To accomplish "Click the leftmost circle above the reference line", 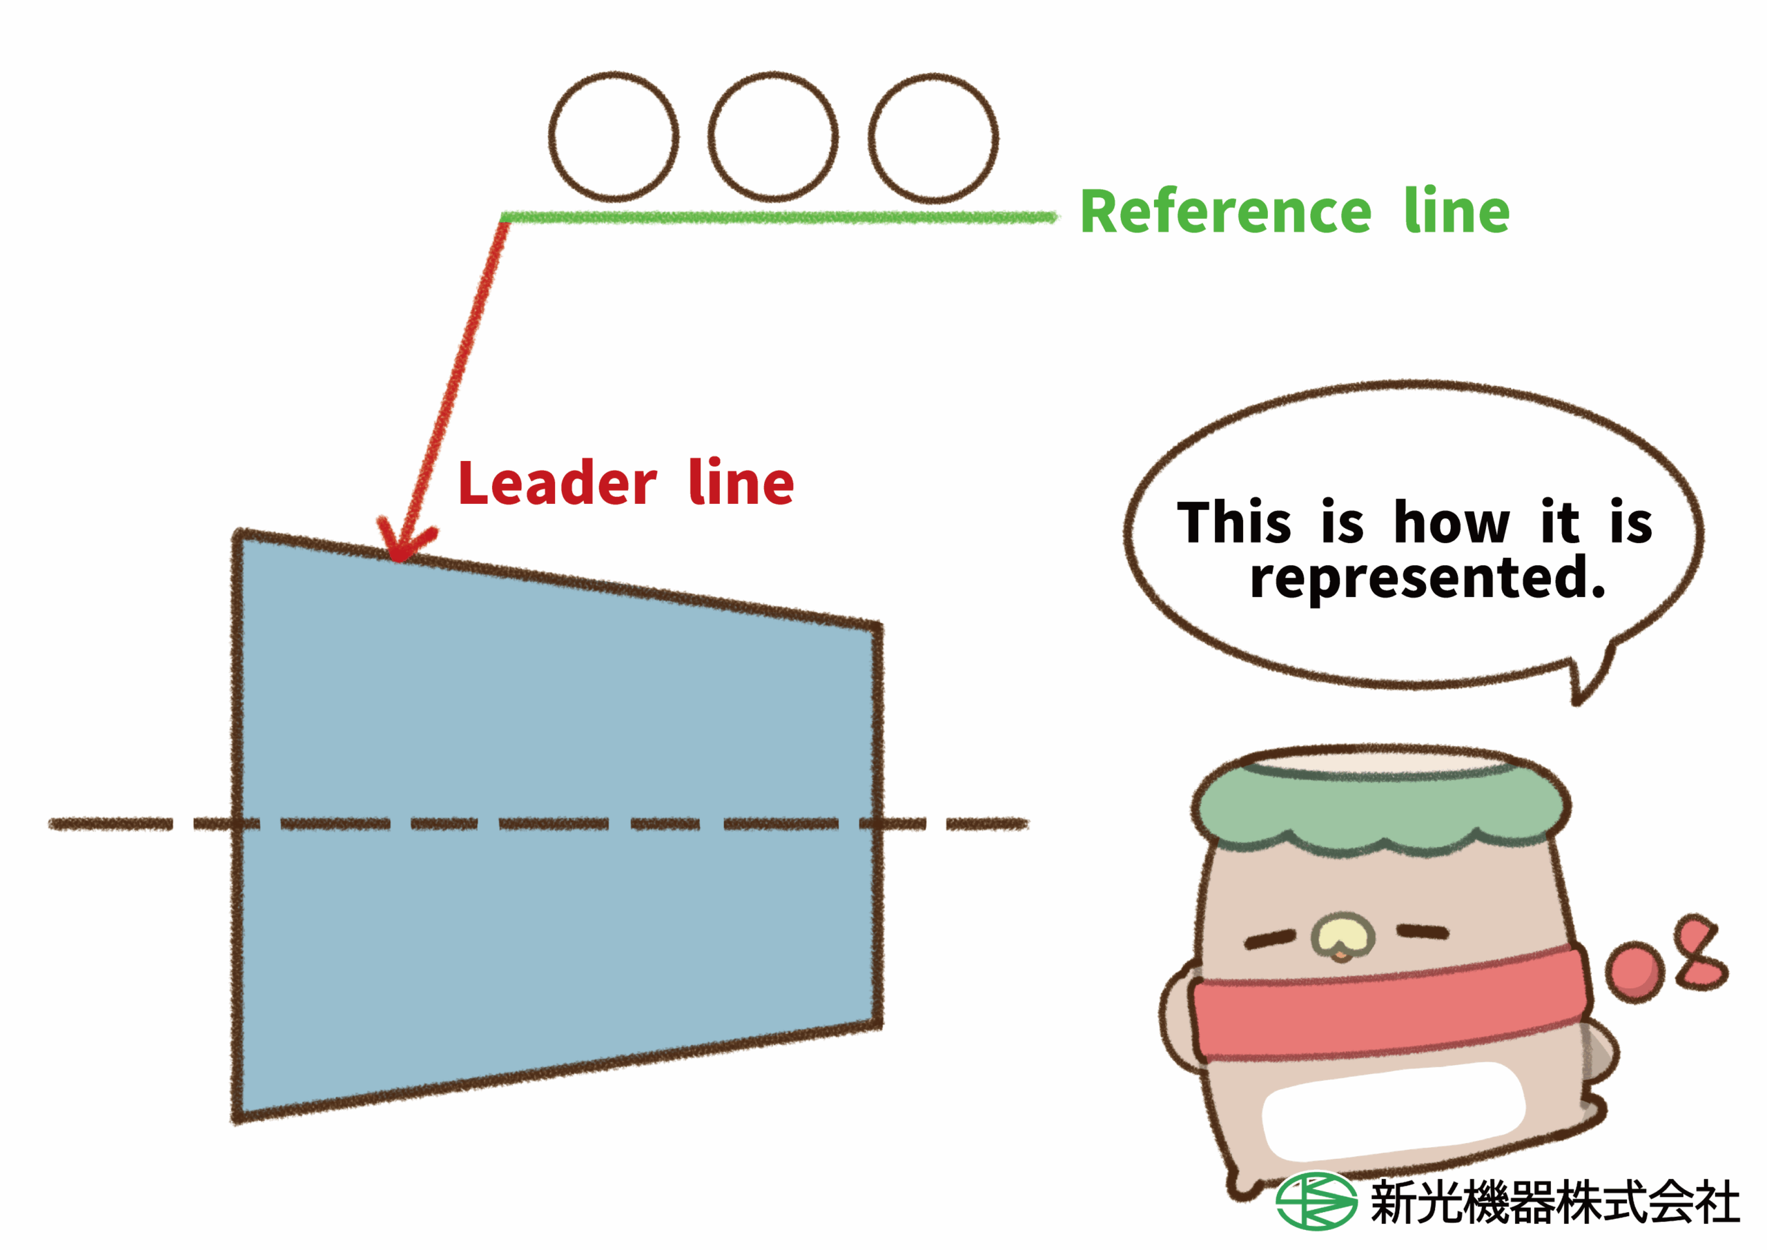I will (x=614, y=136).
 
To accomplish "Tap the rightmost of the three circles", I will (x=933, y=138).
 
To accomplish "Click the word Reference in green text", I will (x=1225, y=212).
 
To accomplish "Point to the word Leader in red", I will (x=557, y=483).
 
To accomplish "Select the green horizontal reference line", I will (x=777, y=218).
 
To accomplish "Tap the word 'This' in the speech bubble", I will (x=1233, y=523).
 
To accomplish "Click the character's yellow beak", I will (x=1343, y=934).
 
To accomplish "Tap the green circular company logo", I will (x=1316, y=1201).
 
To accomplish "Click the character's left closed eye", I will (x=1270, y=939).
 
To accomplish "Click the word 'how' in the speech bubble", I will (x=1452, y=523).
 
